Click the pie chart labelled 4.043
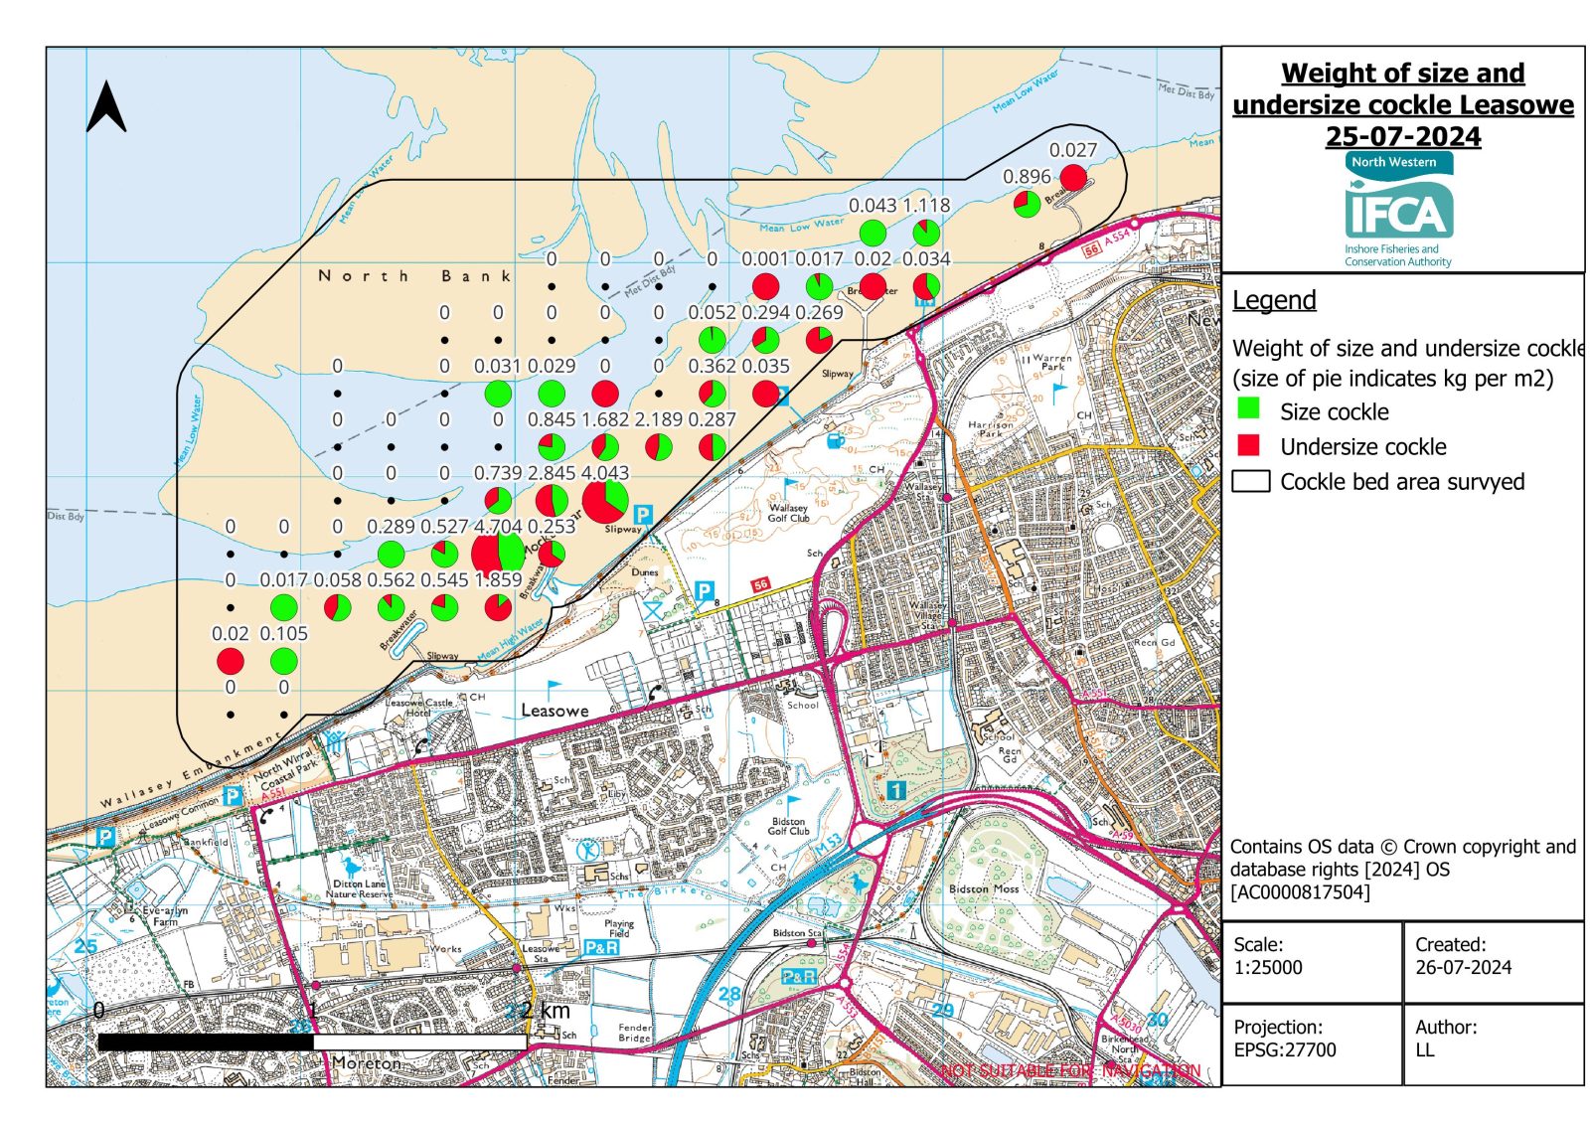(x=604, y=500)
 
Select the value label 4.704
(x=498, y=527)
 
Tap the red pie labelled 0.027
(x=1073, y=178)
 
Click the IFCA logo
(x=1399, y=209)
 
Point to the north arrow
(x=106, y=107)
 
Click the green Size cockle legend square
(x=1249, y=408)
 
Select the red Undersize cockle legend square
(x=1249, y=444)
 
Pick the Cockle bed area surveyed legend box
(x=1251, y=481)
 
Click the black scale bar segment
(x=206, y=1043)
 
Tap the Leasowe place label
(x=555, y=711)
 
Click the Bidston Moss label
(x=984, y=888)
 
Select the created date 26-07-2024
(x=1463, y=967)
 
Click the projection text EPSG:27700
(x=1285, y=1049)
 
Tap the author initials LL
(x=1425, y=1049)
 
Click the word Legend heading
(x=1274, y=300)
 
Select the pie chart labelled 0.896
(x=1027, y=205)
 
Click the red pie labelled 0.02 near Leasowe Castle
(x=231, y=661)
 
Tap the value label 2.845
(x=552, y=473)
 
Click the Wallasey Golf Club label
(x=788, y=512)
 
